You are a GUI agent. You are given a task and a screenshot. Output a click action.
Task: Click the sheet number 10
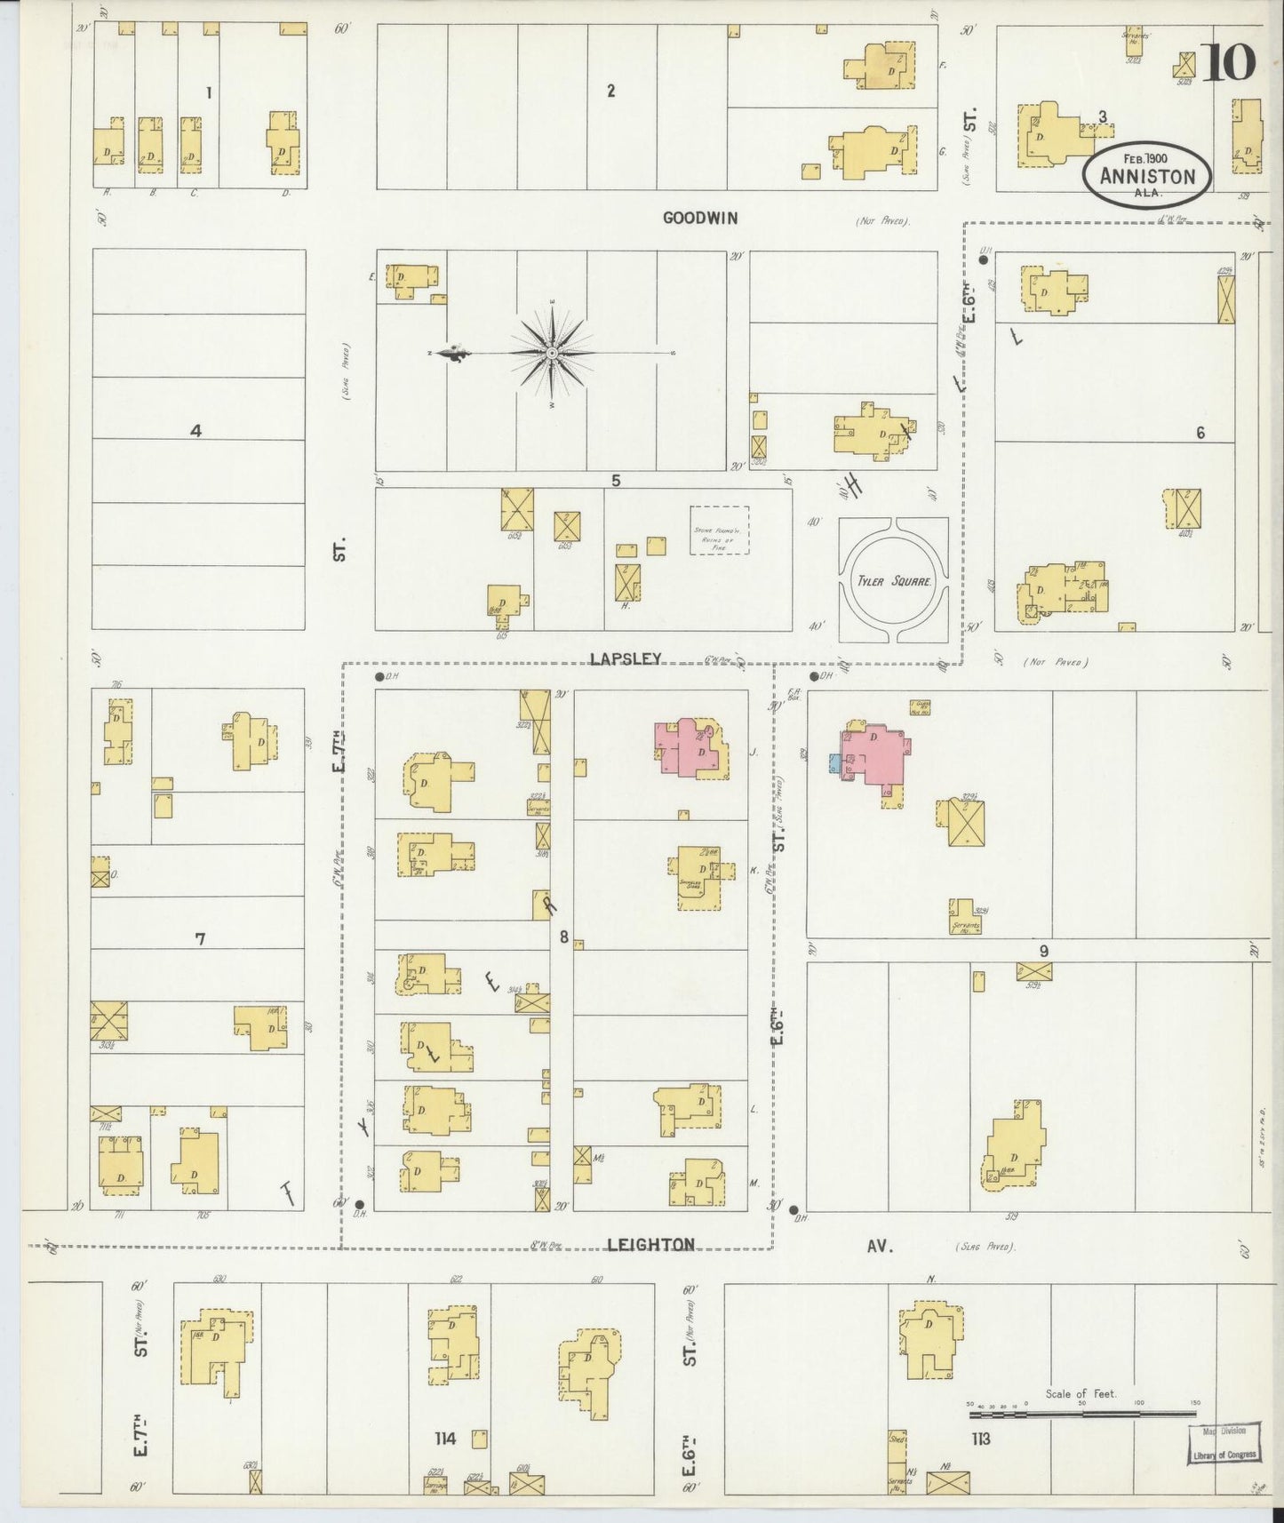click(x=1230, y=61)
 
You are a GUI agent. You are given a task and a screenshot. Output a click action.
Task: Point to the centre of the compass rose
click(x=553, y=354)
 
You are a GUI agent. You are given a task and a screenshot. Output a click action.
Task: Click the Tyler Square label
click(x=894, y=582)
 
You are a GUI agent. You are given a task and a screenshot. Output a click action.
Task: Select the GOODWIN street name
click(x=699, y=218)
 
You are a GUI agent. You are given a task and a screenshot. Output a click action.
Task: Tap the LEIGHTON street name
click(x=651, y=1245)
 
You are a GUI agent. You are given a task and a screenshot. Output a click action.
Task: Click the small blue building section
click(x=834, y=763)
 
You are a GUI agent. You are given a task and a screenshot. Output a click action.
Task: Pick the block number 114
click(x=444, y=1438)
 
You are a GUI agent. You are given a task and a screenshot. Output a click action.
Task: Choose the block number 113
click(x=980, y=1439)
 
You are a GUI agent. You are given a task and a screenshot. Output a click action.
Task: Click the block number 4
click(x=195, y=431)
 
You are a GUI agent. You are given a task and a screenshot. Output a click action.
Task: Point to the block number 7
click(x=200, y=938)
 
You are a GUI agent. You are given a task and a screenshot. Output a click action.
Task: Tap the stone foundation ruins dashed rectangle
click(x=719, y=530)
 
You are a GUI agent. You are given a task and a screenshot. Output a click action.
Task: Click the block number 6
click(x=1200, y=433)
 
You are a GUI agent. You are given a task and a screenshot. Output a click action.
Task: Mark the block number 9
click(x=1044, y=951)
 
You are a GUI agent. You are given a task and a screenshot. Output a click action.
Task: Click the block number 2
click(x=610, y=90)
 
